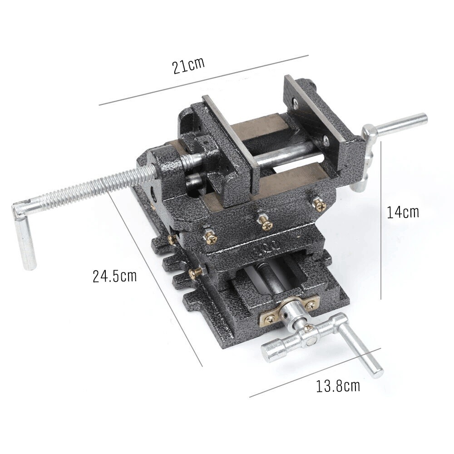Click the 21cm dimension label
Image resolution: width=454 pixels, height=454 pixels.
(x=188, y=65)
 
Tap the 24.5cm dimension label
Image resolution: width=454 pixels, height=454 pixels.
(x=114, y=276)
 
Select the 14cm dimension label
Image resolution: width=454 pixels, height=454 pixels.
(x=403, y=212)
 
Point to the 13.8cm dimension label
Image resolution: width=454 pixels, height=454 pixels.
(x=338, y=386)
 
